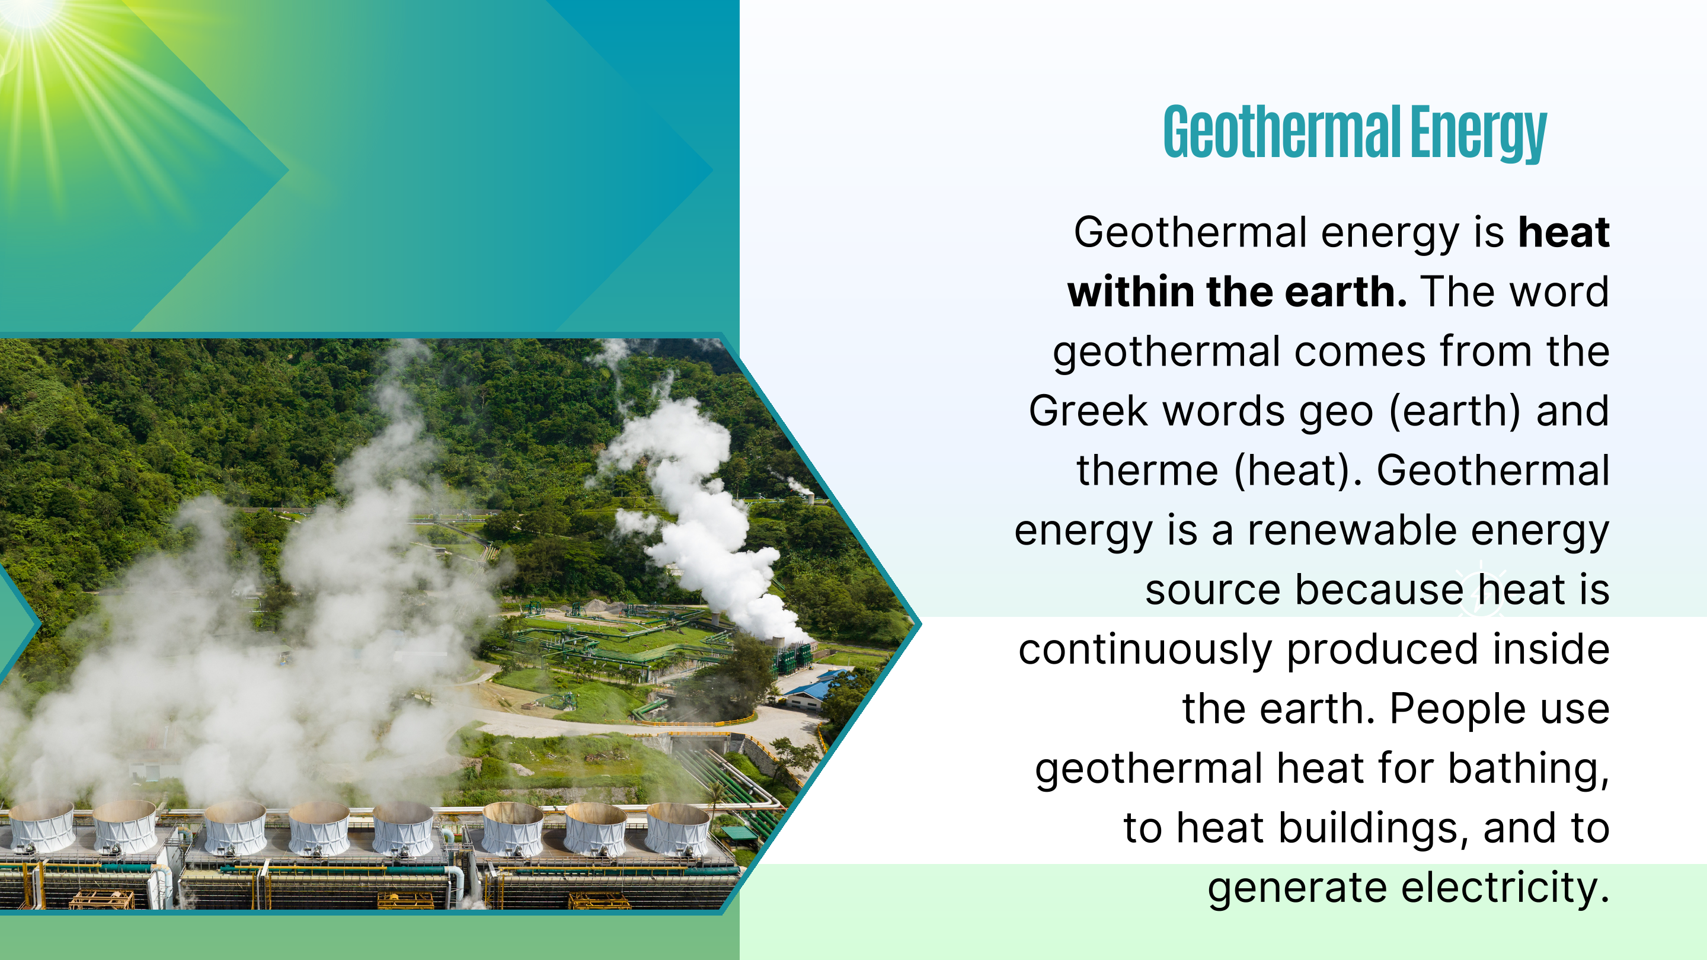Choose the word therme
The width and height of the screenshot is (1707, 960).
(1147, 471)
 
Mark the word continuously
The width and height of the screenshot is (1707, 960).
(1145, 650)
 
